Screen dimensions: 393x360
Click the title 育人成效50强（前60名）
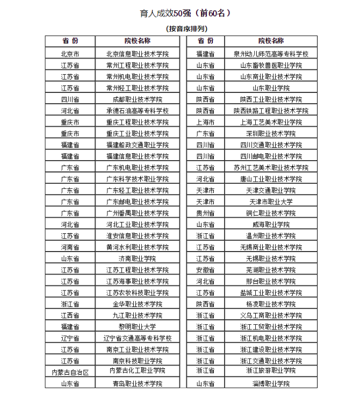[185, 13]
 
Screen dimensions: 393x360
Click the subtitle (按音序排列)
[185, 28]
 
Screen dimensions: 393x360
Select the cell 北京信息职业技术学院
[137, 54]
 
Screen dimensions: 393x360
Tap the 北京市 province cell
[70, 54]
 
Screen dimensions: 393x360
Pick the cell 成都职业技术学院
[137, 99]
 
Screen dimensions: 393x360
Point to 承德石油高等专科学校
[137, 111]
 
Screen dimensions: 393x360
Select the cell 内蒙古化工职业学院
[137, 371]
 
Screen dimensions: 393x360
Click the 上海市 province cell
[205, 122]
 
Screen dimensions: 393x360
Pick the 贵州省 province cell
[205, 213]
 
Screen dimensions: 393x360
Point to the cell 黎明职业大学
[137, 326]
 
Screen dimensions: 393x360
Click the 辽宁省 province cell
[70, 338]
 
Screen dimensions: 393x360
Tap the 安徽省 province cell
[205, 270]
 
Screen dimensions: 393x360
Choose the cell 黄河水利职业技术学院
[137, 247]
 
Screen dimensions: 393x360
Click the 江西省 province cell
[70, 315]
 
